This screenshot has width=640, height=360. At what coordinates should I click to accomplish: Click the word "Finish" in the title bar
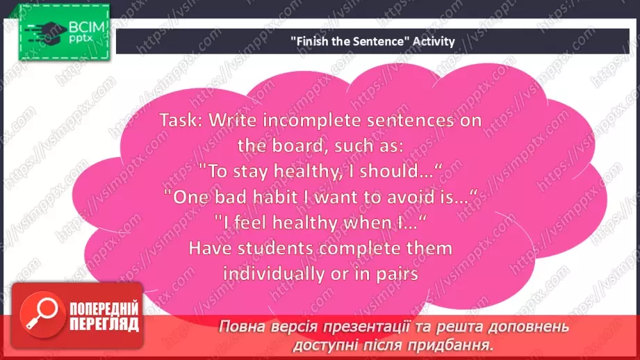coord(309,41)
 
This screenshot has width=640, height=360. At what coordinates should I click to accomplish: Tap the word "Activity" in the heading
coord(433,41)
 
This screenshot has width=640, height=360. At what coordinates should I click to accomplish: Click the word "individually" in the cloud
coord(269,274)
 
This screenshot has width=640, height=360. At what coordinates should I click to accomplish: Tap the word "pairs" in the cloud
coord(392,274)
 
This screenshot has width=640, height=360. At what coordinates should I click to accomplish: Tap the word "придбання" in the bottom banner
coord(459,343)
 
